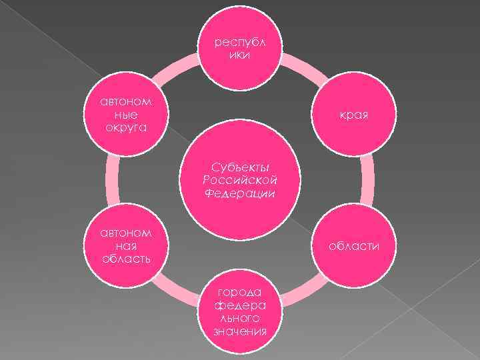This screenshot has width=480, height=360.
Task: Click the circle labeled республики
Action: tap(239, 48)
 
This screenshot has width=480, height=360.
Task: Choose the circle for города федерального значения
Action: tap(239, 312)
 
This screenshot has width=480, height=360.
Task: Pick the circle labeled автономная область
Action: tap(126, 245)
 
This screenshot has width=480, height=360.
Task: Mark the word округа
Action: tap(126, 127)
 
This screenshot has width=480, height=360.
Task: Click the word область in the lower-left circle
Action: tap(126, 258)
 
